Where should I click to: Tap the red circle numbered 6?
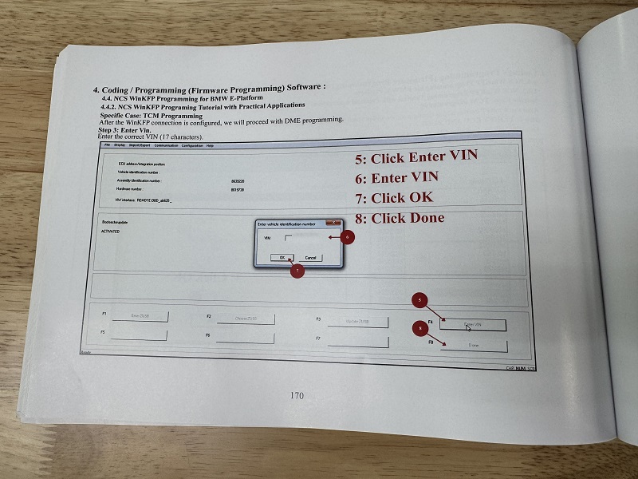tap(345, 238)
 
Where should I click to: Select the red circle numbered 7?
tap(296, 271)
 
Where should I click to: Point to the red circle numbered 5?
tap(419, 300)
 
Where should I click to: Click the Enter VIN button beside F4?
tap(473, 324)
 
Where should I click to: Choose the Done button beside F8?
tap(473, 345)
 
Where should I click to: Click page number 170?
tap(297, 395)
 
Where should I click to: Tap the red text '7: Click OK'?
tap(394, 197)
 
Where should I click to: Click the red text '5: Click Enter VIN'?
tap(415, 156)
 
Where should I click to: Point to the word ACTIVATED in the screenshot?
tap(110, 232)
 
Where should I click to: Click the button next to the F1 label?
tap(140, 316)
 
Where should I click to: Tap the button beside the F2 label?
tap(245, 319)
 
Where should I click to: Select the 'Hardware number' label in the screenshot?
tap(135, 189)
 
